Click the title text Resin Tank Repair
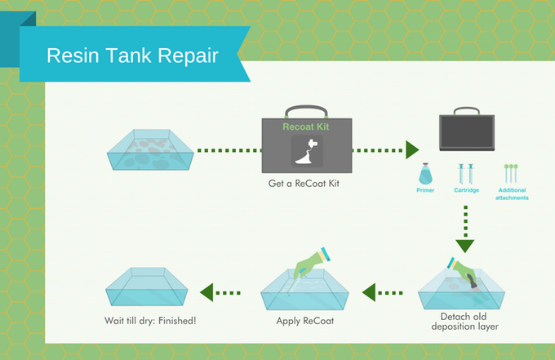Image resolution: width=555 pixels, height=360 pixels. point(132,56)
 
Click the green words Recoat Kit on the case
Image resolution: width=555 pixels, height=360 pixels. point(306,127)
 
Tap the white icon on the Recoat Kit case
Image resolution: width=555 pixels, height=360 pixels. point(307,152)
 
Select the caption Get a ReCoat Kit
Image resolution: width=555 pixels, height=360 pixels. point(304,184)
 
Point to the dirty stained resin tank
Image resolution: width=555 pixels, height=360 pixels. point(150,149)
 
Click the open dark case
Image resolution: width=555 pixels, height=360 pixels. point(467,129)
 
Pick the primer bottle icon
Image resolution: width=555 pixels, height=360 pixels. point(425,174)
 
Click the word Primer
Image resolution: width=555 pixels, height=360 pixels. point(425,190)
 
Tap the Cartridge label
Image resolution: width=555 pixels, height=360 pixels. point(467,190)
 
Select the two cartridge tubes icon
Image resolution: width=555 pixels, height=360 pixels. point(466,173)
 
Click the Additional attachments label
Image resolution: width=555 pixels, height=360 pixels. point(512,194)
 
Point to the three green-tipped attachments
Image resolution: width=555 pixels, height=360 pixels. point(511,173)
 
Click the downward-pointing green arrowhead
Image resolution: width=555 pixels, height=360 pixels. point(465,246)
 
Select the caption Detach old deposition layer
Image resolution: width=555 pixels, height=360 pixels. point(464,322)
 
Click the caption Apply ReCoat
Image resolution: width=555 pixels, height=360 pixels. point(305,321)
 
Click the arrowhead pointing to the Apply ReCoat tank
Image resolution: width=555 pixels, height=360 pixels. point(369,293)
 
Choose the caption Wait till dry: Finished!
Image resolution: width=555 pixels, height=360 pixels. point(150,321)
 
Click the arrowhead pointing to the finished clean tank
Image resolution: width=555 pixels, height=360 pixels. point(206,292)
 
